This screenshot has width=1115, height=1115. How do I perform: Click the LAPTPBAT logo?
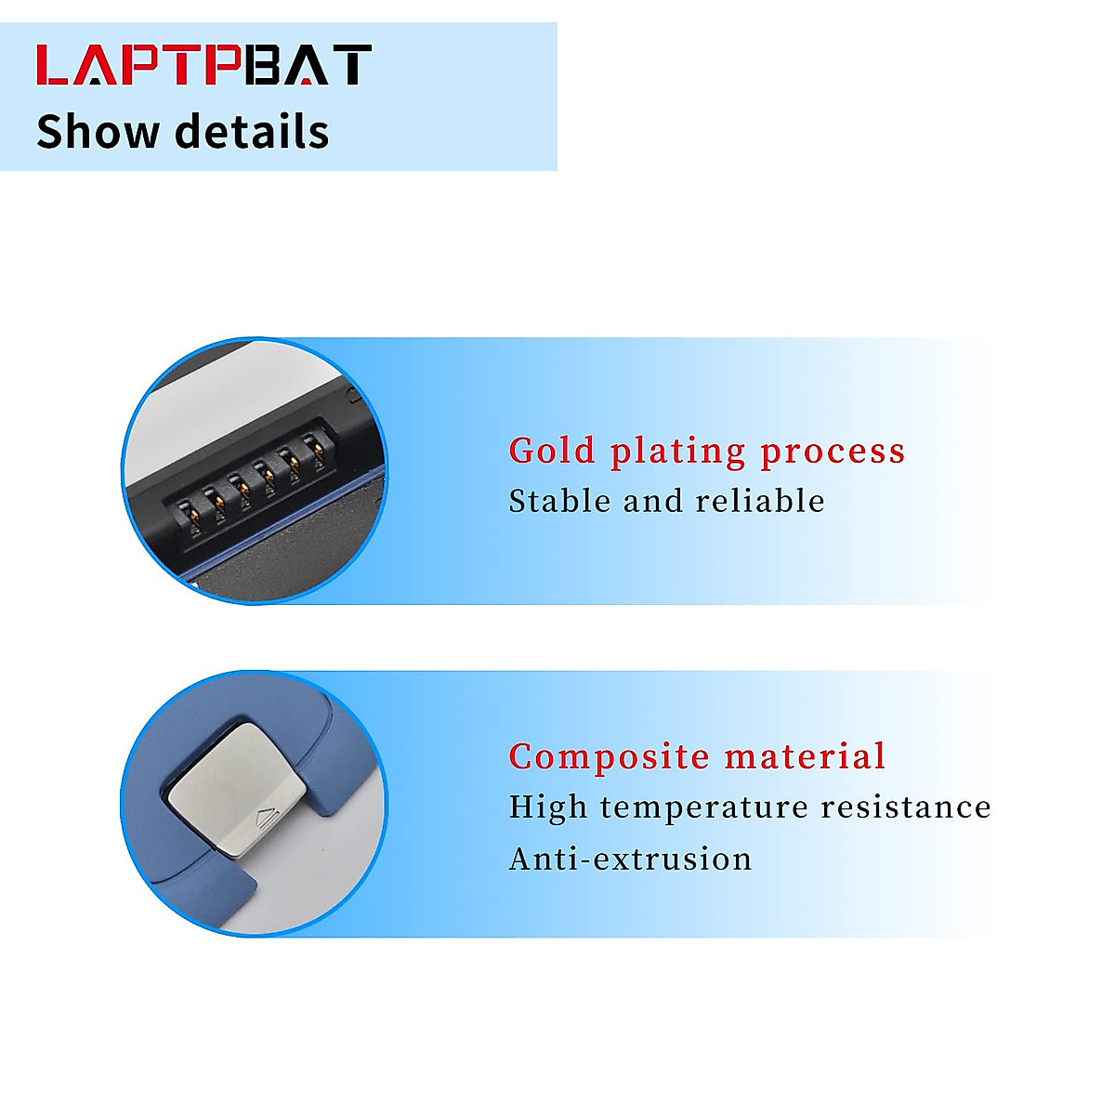pos(203,65)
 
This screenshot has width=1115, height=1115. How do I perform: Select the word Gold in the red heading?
pos(552,451)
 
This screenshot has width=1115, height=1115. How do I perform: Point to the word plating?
pos(677,453)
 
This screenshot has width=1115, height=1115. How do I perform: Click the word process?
pos(833,453)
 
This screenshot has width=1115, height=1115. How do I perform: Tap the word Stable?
pos(559,501)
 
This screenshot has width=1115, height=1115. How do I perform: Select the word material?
pos(806,756)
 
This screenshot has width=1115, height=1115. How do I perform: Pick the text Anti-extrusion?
pos(630,859)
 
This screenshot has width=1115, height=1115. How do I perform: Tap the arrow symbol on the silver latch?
pos(266,820)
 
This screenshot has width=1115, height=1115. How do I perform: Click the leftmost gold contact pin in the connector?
pos(186,512)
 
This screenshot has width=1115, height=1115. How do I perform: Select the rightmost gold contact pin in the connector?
pos(320,453)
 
